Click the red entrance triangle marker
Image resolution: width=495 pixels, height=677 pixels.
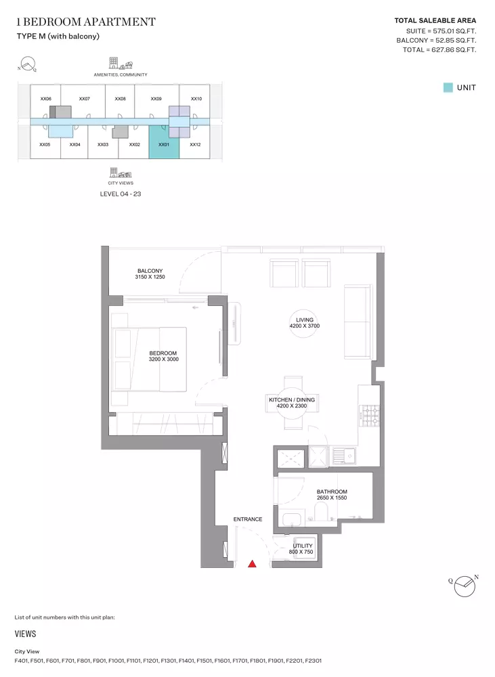[252, 563]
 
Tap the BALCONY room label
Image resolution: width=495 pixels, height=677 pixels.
[150, 274]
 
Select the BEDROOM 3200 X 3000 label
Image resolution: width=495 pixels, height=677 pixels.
[163, 356]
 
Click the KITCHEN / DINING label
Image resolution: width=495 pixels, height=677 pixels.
[292, 402]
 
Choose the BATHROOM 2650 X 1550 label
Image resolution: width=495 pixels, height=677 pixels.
[332, 494]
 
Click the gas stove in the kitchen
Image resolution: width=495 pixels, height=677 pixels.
[370, 416]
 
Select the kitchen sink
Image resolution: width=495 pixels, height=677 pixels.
[344, 456]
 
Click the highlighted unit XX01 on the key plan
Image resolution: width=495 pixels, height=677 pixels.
[164, 142]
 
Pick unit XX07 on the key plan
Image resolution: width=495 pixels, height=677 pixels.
[84, 99]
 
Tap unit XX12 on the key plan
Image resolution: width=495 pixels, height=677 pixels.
[195, 145]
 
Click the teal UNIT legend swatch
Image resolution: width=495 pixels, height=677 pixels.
[448, 87]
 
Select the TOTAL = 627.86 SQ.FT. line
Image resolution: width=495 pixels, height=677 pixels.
[439, 49]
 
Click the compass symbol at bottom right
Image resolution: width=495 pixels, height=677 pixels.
[465, 586]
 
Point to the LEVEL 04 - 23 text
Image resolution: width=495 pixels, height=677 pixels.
[121, 194]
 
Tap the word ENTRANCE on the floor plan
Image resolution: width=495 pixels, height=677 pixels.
[248, 519]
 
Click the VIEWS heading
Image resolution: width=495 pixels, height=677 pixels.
[25, 634]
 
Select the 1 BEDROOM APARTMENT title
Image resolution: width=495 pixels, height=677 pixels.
[86, 22]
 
